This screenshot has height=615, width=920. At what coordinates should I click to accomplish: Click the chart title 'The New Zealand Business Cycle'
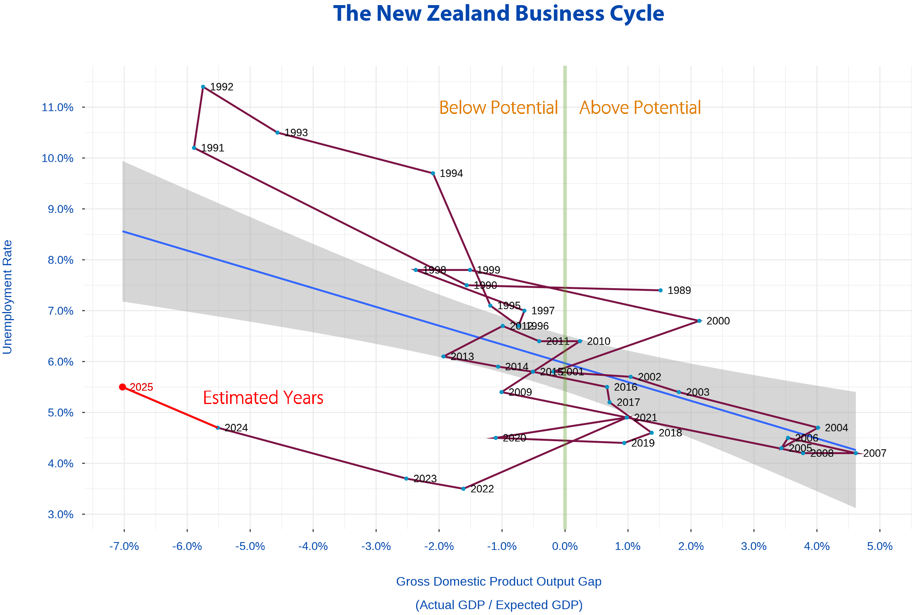498,14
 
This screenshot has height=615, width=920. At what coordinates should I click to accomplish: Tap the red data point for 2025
123,387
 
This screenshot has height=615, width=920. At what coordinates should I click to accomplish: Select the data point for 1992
203,87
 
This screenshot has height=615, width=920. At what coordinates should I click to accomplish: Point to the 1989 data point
661,290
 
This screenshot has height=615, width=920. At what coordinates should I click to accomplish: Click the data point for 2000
699,321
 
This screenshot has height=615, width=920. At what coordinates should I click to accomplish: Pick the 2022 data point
464,489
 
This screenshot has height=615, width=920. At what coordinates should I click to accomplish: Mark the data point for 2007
856,453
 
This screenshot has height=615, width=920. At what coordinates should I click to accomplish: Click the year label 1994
451,174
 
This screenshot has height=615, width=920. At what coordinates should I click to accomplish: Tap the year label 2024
236,428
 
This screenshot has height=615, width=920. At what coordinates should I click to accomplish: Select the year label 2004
837,428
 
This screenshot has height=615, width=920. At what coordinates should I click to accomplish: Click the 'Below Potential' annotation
498,108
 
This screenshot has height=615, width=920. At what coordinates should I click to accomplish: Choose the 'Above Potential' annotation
640,108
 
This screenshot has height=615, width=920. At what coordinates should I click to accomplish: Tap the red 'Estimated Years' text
263,398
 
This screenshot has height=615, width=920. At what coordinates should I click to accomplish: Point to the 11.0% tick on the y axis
58,108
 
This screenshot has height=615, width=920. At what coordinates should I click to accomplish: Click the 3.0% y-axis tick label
61,515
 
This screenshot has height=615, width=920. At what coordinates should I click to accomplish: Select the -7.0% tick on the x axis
124,547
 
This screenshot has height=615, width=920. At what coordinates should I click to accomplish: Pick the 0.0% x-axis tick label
565,547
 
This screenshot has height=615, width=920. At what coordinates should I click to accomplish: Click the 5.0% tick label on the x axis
880,547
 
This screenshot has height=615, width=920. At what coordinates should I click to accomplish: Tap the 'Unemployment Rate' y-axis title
7,297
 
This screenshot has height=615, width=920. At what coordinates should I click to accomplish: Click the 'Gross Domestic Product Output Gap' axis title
499,582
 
